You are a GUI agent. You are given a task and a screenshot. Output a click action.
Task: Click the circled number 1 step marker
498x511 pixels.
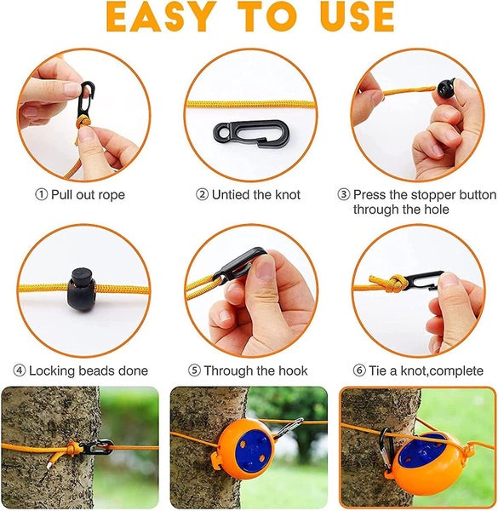click(x=42, y=194)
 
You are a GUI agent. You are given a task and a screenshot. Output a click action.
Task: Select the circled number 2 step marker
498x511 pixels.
click(x=202, y=194)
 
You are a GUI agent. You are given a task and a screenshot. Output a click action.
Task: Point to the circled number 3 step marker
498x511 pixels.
click(x=344, y=194)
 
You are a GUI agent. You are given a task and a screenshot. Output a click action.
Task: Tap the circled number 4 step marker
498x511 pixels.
click(x=20, y=370)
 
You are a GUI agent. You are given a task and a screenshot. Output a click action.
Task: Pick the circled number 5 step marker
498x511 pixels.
click(x=194, y=370)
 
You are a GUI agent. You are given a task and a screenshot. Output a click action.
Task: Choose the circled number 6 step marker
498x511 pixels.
click(x=359, y=370)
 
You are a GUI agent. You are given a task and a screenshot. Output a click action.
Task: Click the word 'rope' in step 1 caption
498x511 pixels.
click(x=112, y=196)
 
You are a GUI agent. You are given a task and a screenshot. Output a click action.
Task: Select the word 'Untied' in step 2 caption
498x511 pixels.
click(x=231, y=194)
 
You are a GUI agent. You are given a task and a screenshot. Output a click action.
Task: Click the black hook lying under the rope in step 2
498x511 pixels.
click(x=251, y=133)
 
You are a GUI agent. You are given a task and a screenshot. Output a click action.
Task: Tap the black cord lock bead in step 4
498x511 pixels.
click(x=81, y=290)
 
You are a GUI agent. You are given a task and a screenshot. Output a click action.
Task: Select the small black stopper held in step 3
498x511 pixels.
click(x=446, y=88)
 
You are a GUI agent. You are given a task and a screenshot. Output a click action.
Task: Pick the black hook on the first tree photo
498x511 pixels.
click(x=97, y=446)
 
